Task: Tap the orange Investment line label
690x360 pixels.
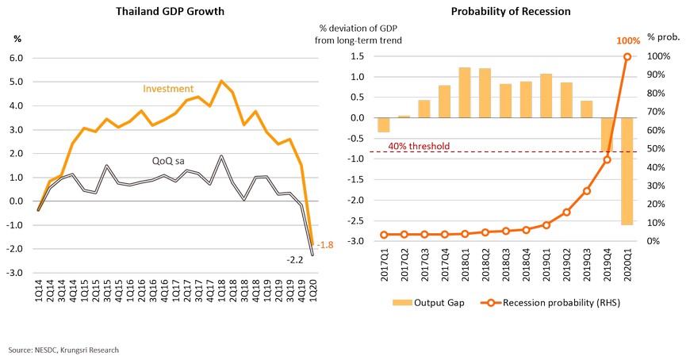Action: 169,89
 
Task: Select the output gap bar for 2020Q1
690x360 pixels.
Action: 627,170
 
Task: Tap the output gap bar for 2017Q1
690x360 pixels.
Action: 384,124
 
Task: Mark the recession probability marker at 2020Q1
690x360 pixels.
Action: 627,56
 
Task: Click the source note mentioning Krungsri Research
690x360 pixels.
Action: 64,349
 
